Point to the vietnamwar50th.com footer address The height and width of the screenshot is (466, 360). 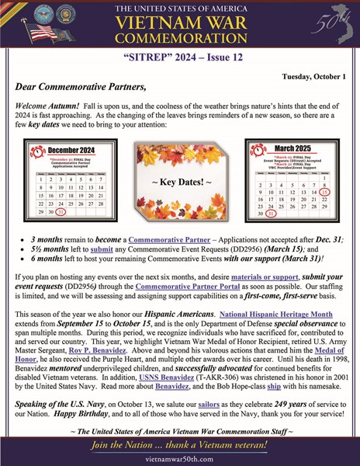(x=179, y=460)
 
